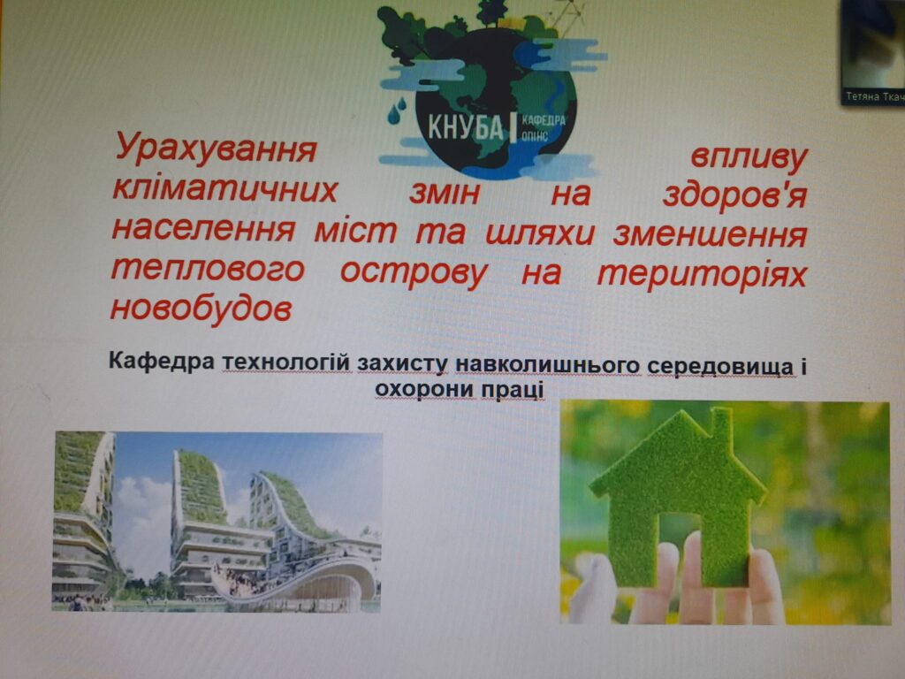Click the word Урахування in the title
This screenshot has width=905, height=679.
pos(217,149)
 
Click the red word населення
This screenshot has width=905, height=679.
pos(203,229)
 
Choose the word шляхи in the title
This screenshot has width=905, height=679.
pos(540,233)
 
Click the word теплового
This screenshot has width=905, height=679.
pos(208,270)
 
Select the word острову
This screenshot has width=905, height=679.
pos(414,273)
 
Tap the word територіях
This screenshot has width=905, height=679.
pos(702,274)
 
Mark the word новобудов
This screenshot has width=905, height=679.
pos(201,309)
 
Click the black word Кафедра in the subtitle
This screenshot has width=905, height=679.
pos(162,362)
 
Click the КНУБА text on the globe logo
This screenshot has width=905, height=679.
pos(465,126)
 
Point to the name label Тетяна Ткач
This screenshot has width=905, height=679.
pos(874,96)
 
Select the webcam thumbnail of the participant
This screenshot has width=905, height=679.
pos(872,52)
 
